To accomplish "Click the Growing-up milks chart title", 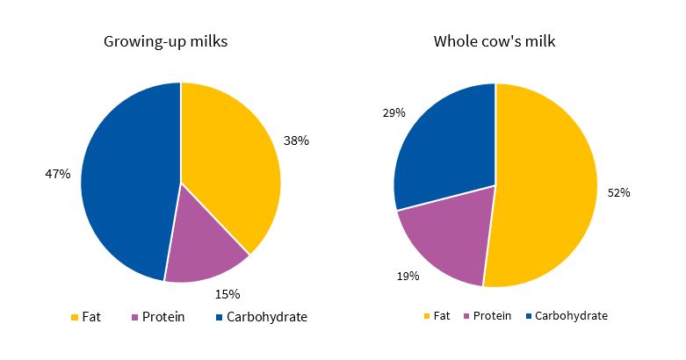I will [165, 41].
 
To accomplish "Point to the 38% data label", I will [296, 140].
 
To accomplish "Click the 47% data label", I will [57, 174].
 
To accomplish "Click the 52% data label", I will [618, 192].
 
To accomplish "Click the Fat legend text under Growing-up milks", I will [92, 317].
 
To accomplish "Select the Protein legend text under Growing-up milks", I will [163, 317].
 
